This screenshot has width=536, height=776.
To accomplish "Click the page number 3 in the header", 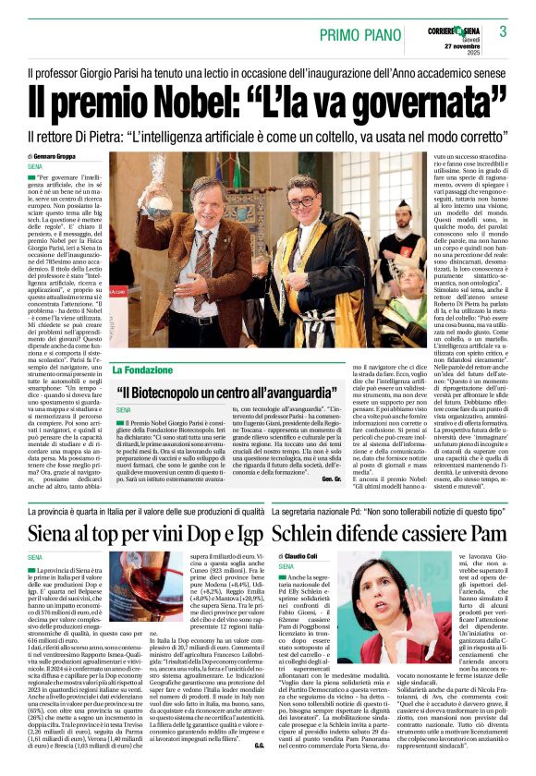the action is click(x=503, y=31).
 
